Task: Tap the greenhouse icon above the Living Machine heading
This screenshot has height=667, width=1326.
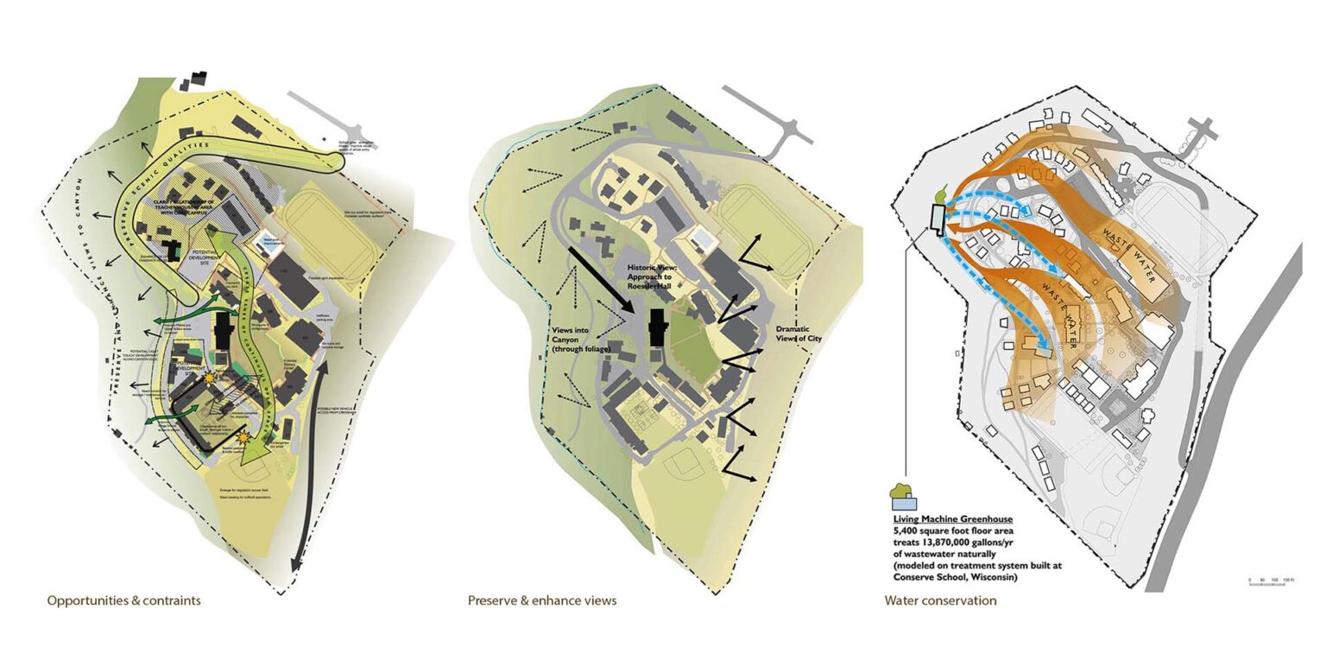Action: [902, 497]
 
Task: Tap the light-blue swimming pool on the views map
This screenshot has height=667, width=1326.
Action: [704, 238]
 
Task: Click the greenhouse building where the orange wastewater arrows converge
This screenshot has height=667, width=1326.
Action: [937, 217]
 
